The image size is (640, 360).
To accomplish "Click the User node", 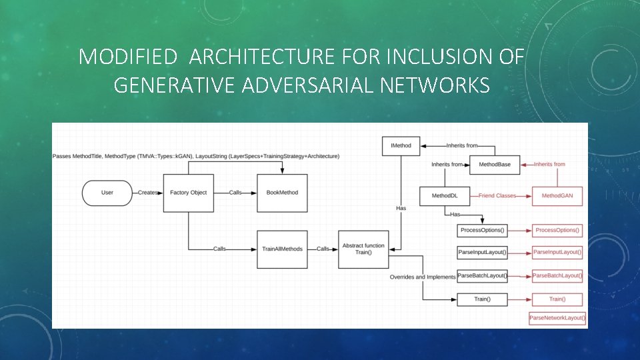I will (107, 193).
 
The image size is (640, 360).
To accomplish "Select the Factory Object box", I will (189, 193).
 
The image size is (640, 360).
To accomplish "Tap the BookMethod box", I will (282, 193).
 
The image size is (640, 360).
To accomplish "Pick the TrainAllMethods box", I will (282, 249).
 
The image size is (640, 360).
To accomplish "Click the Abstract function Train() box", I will (363, 249).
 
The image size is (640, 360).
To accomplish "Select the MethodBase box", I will (494, 164).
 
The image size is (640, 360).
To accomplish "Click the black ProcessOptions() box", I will (483, 231).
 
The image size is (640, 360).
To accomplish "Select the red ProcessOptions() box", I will (557, 231).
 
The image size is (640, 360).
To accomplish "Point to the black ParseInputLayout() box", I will (483, 253).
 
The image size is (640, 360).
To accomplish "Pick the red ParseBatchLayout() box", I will (557, 275).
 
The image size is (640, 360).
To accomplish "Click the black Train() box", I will (483, 299).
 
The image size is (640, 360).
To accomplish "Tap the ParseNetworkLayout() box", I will (557, 318).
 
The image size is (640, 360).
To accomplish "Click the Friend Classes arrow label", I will (497, 196).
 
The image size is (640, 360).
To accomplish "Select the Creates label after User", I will (147, 193).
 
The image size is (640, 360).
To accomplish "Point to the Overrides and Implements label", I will (422, 277).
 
